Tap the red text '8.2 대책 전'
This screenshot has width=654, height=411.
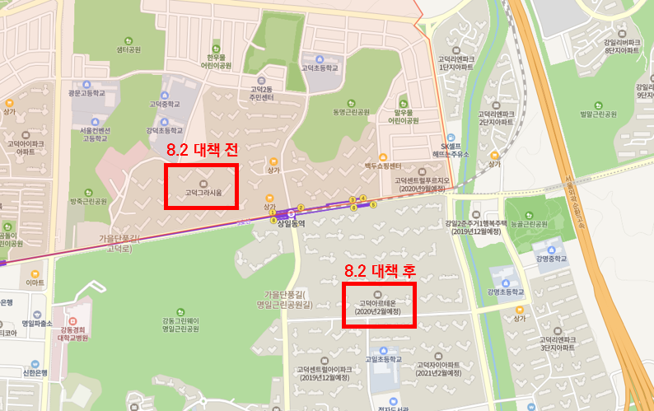click(201, 151)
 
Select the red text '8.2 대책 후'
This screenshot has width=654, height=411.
click(379, 270)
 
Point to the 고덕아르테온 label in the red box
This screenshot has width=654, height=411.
click(378, 306)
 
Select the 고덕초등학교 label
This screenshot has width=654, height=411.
click(319, 68)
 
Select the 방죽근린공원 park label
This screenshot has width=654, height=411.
click(88, 201)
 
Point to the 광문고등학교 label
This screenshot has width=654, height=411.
click(81, 94)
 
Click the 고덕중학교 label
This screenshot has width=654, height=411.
click(164, 105)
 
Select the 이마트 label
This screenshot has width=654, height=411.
click(35, 283)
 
